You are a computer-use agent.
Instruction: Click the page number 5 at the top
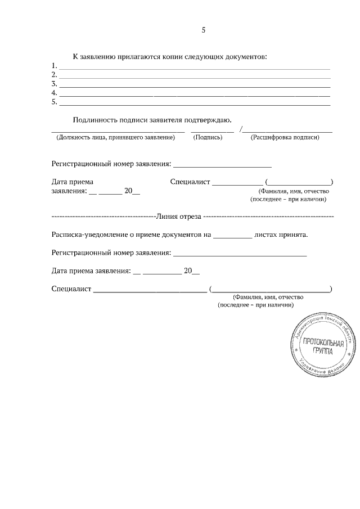(x=204, y=30)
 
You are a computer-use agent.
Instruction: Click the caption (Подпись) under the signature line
(x=212, y=137)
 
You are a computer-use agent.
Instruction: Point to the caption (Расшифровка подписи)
(x=285, y=137)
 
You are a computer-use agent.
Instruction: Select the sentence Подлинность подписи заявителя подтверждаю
(x=152, y=119)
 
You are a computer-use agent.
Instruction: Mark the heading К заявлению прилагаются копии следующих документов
(x=169, y=57)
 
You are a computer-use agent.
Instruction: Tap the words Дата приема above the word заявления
(x=72, y=182)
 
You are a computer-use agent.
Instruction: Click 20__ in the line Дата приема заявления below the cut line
(x=192, y=271)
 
